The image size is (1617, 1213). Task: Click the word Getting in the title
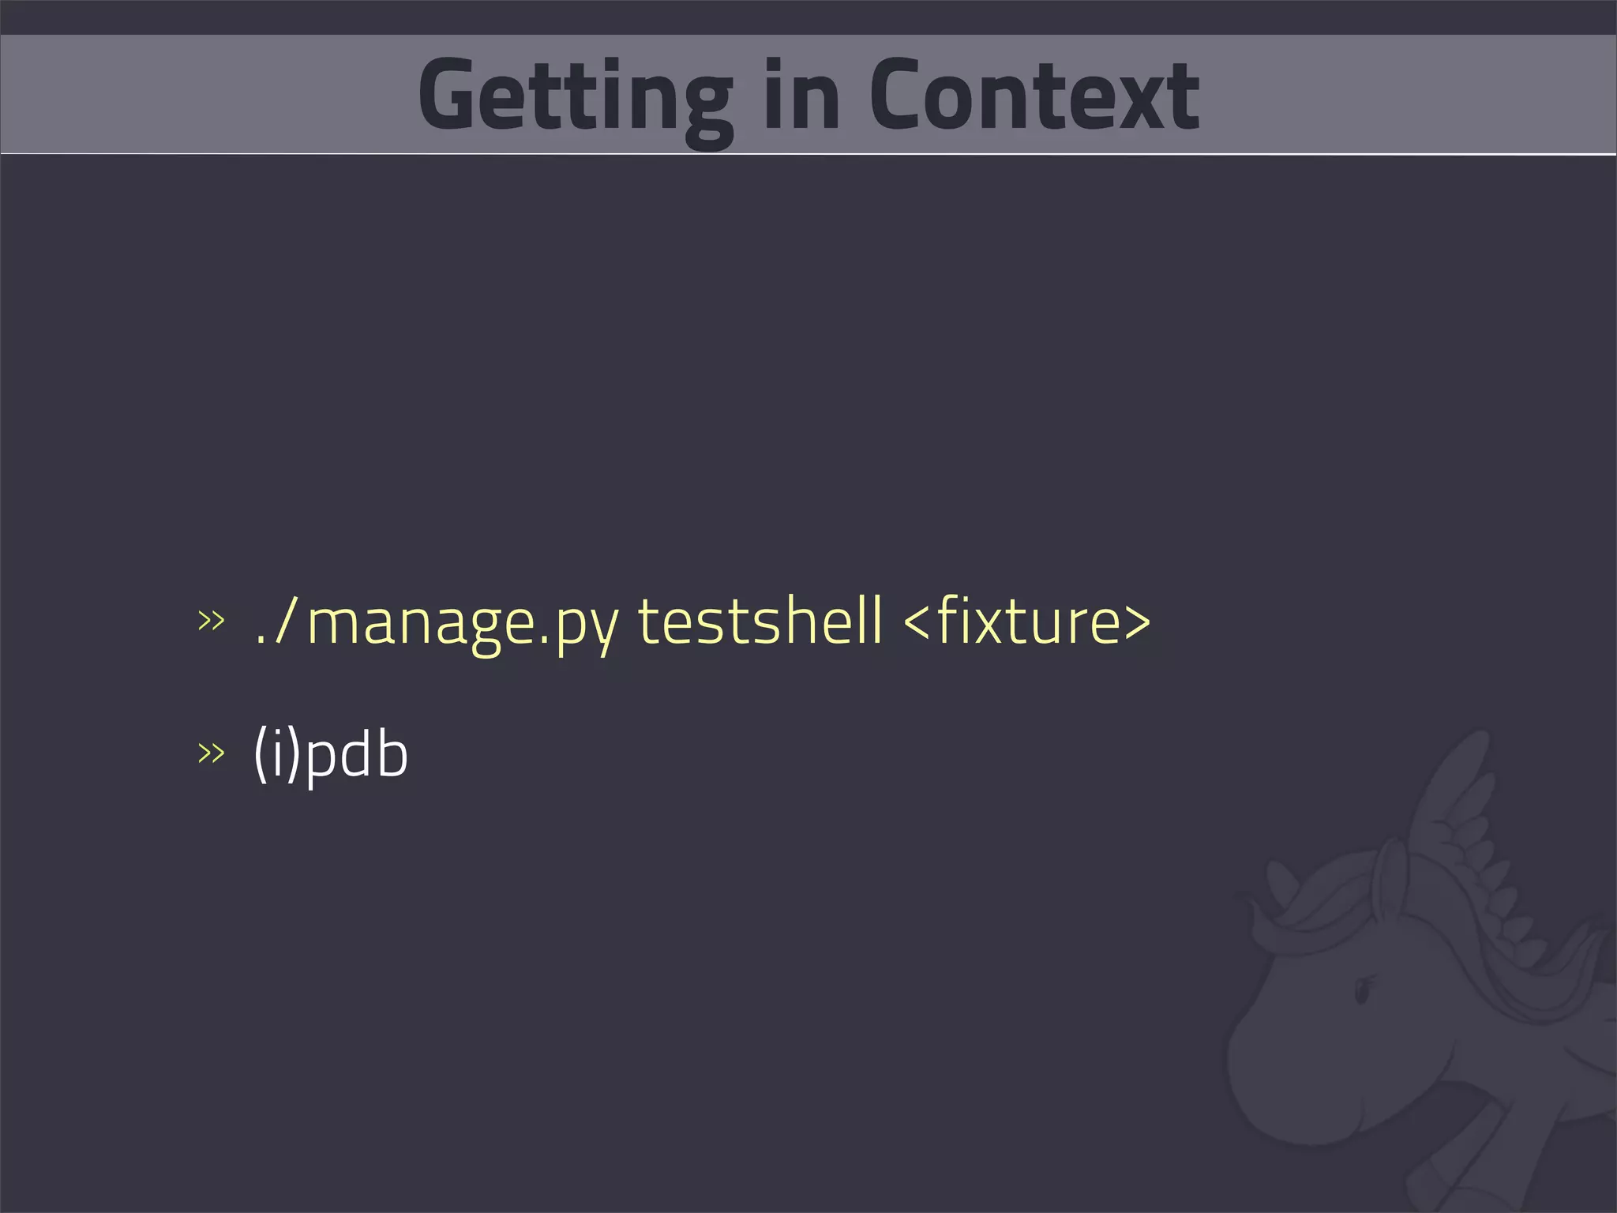[575, 96]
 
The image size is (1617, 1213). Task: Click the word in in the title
[801, 96]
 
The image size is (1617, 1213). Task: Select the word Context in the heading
[1034, 96]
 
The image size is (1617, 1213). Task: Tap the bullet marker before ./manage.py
[211, 621]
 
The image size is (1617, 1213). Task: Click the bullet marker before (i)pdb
[211, 753]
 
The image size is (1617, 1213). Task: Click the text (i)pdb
[331, 754]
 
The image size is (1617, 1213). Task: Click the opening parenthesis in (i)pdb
[260, 754]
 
